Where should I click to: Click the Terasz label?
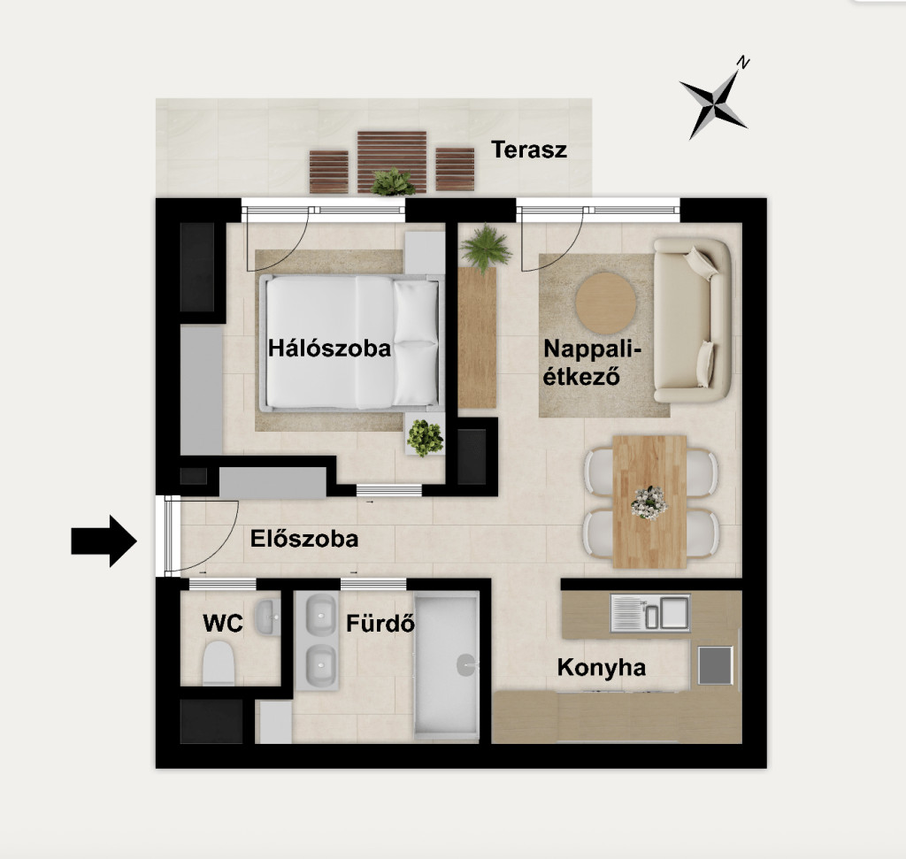(529, 150)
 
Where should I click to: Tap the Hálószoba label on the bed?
(329, 349)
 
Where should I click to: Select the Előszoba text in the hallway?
(304, 539)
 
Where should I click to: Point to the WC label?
(223, 624)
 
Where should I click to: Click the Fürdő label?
(380, 624)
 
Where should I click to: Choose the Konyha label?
(602, 667)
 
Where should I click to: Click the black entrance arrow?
(104, 541)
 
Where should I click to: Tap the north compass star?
(714, 102)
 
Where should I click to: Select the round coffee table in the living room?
(605, 303)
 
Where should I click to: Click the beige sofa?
(693, 320)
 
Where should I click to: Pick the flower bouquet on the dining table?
(649, 502)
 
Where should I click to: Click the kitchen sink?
(650, 612)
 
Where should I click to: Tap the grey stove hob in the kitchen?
(715, 665)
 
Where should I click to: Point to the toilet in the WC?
(219, 663)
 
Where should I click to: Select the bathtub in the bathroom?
(447, 665)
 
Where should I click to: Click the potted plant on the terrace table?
(393, 181)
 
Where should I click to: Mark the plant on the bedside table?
(426, 437)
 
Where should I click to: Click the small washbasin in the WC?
(267, 617)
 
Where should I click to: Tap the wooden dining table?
(649, 502)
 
